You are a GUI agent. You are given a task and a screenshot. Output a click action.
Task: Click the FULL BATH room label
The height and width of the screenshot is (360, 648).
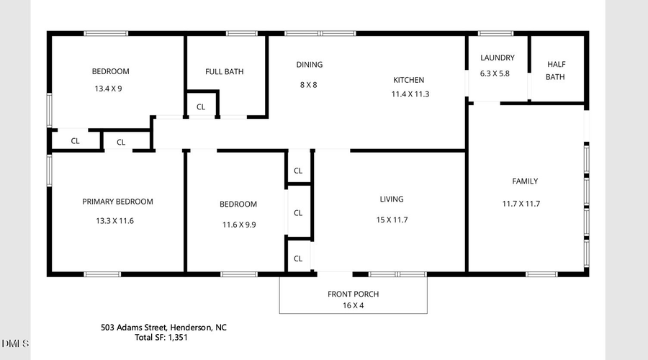click(224, 71)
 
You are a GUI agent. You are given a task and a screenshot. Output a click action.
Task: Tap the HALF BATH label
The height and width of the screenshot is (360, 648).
click(555, 70)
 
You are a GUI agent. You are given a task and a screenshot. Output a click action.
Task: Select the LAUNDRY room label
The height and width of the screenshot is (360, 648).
click(497, 58)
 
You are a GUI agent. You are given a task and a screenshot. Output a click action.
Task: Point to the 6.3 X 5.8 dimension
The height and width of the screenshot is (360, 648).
click(495, 73)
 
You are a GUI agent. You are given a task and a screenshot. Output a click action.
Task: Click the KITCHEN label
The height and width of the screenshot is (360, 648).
click(408, 80)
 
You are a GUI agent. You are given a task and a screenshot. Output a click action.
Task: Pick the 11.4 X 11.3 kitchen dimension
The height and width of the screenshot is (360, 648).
click(410, 94)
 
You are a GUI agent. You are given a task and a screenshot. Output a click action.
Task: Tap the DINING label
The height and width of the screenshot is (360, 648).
click(310, 65)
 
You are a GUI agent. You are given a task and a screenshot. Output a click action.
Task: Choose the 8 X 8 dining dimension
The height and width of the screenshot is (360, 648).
click(308, 85)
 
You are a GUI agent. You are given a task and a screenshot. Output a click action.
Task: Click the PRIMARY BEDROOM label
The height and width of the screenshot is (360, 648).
click(117, 202)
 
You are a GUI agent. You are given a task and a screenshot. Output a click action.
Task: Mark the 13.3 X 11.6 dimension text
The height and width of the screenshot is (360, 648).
click(114, 221)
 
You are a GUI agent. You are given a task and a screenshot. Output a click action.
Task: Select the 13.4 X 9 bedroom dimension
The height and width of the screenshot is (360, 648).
click(110, 89)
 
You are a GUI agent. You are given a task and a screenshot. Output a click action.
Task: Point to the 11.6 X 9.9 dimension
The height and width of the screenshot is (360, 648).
click(238, 225)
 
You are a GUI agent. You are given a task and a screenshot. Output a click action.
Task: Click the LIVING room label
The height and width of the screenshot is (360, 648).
click(392, 199)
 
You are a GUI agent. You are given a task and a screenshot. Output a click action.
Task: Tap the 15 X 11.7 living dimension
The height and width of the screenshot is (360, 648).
click(392, 220)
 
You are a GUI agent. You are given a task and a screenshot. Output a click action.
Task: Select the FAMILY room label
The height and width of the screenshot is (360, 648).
click(525, 181)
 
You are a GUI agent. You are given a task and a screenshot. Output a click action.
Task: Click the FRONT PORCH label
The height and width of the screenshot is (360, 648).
click(353, 294)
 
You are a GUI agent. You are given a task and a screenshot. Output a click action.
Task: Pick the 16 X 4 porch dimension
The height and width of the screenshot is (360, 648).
click(353, 305)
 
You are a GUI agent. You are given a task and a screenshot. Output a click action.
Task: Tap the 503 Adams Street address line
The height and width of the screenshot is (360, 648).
click(163, 327)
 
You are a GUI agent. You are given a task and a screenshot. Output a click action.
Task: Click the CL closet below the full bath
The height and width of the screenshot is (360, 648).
click(201, 107)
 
